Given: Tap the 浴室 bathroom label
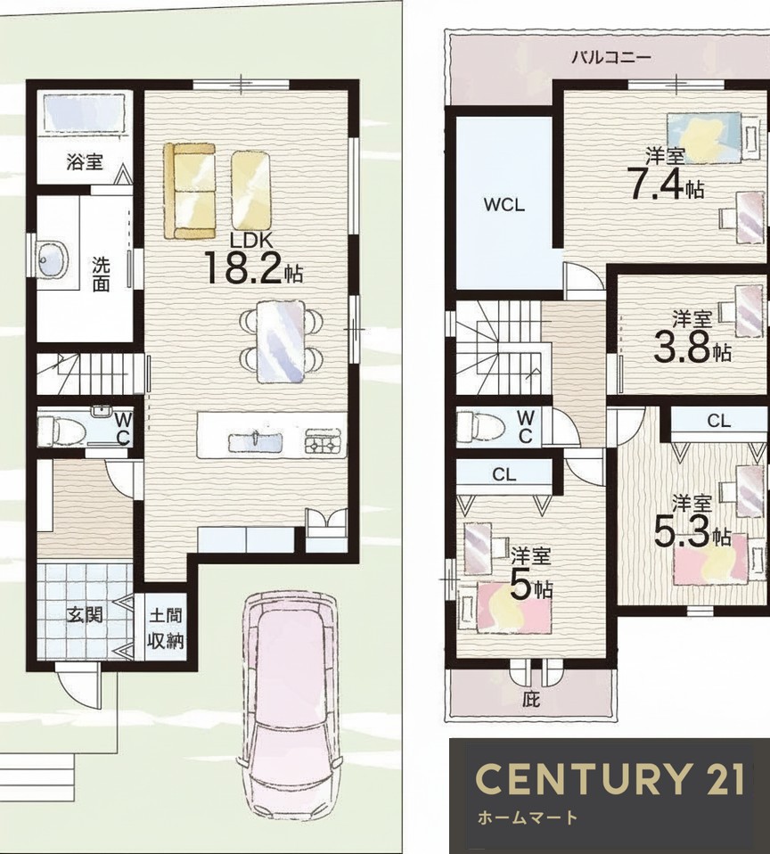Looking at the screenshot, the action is (x=85, y=161).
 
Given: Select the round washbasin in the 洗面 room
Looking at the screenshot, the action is (x=53, y=260).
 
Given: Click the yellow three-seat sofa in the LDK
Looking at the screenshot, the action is (x=190, y=191).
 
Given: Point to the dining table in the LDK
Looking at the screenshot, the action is (x=280, y=341).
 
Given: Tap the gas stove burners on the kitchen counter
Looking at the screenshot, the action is (x=324, y=441).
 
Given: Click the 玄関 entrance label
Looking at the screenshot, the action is (x=85, y=615).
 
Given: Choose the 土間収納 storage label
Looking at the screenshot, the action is (x=166, y=629).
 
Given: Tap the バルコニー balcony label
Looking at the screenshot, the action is (x=611, y=57).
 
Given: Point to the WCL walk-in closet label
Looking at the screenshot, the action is (x=504, y=205).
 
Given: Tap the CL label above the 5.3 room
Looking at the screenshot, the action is (x=719, y=421).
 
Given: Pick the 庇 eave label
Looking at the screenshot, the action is (x=531, y=699).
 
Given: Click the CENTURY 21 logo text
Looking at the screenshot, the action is (x=610, y=779).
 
